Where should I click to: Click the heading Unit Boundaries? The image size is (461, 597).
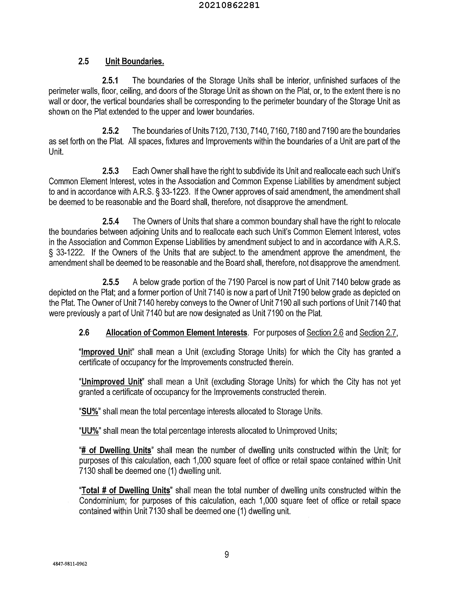[135, 61]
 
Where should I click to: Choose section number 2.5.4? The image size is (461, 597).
[110, 221]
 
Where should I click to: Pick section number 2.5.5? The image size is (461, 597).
[110, 282]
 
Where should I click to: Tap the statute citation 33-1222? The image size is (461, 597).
[70, 252]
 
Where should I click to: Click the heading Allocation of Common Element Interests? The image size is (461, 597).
[176, 333]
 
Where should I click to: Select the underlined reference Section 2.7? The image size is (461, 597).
[378, 333]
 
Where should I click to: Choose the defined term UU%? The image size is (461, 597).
[90, 431]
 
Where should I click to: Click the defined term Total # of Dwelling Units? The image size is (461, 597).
[126, 490]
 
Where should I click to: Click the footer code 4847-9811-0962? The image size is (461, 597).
[70, 564]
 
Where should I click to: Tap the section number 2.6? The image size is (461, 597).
[84, 333]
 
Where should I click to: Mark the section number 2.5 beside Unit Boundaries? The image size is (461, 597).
[84, 61]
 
